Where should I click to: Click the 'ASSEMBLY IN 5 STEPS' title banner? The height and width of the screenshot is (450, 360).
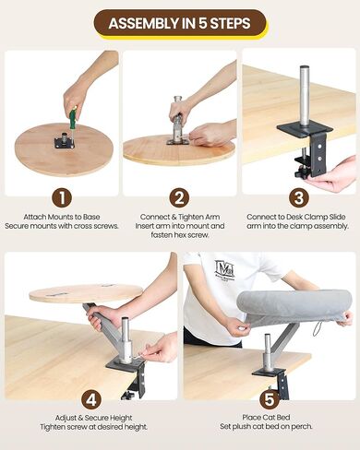coord(180,22)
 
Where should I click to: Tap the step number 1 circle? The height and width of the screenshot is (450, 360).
coord(61,196)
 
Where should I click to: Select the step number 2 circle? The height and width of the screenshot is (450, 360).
coord(179,196)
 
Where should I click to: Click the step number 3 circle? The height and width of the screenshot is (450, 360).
coord(297,196)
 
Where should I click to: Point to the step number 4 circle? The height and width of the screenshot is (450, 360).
coord(90,400)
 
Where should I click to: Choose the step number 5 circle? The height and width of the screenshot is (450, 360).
coord(268,400)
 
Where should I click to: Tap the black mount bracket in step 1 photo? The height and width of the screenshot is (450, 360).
coord(65,142)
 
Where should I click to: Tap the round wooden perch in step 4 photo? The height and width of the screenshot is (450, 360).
coord(84,293)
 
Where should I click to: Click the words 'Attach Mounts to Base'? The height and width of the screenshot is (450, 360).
coord(61,218)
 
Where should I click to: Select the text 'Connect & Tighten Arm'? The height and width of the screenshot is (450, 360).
coord(179,218)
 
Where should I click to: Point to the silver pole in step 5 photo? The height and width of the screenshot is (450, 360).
coord(268,351)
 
